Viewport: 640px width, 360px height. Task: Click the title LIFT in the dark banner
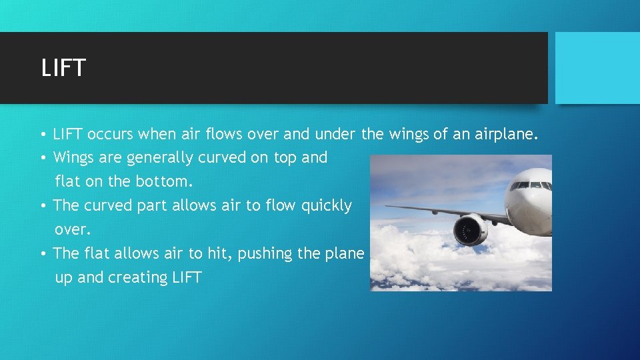63,68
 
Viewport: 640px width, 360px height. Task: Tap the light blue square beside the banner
597,68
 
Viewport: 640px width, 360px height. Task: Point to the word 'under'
335,134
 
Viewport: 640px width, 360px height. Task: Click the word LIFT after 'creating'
186,277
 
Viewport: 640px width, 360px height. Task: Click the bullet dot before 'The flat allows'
42,254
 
